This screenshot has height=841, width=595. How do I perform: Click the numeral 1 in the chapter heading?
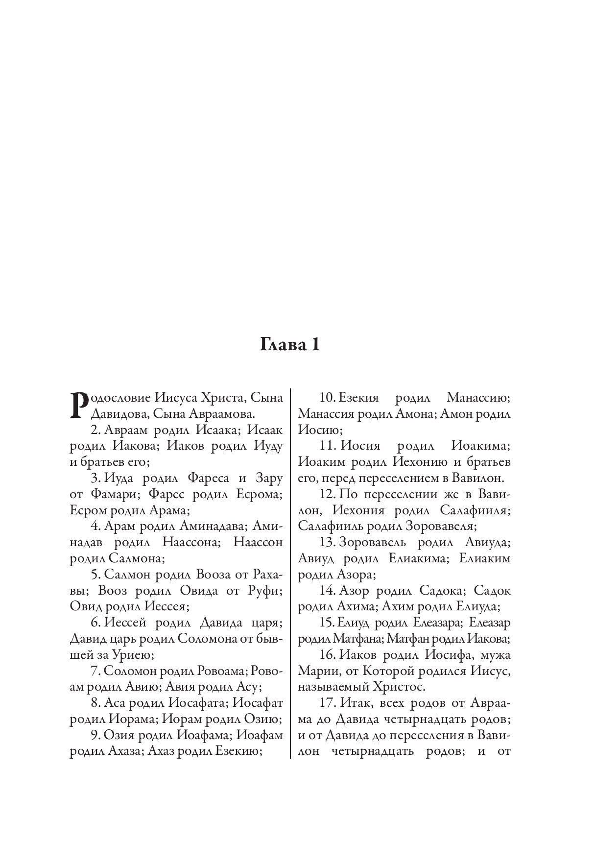[x=314, y=345]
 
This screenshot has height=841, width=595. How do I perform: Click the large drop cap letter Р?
[x=80, y=406]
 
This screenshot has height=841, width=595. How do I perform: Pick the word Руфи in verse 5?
[x=264, y=591]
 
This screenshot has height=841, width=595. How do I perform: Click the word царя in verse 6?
[x=265, y=623]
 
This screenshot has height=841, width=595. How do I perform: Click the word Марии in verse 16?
[x=312, y=671]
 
